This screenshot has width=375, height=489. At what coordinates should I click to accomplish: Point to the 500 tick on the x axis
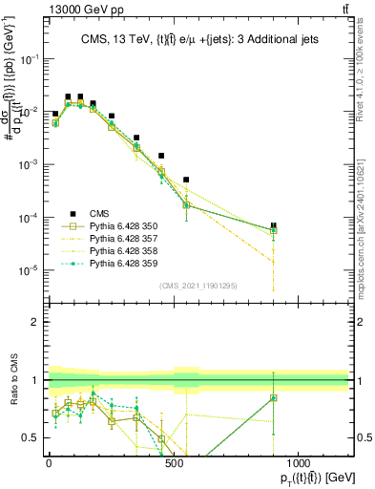coord(174,460)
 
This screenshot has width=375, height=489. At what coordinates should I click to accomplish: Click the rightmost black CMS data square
coord(274,225)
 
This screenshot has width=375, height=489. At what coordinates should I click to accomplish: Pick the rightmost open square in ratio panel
coord(274,398)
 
